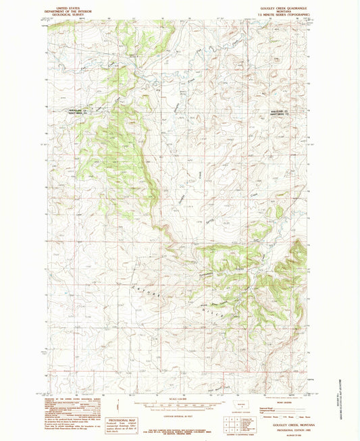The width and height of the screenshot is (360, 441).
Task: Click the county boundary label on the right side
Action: coord(274,114)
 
